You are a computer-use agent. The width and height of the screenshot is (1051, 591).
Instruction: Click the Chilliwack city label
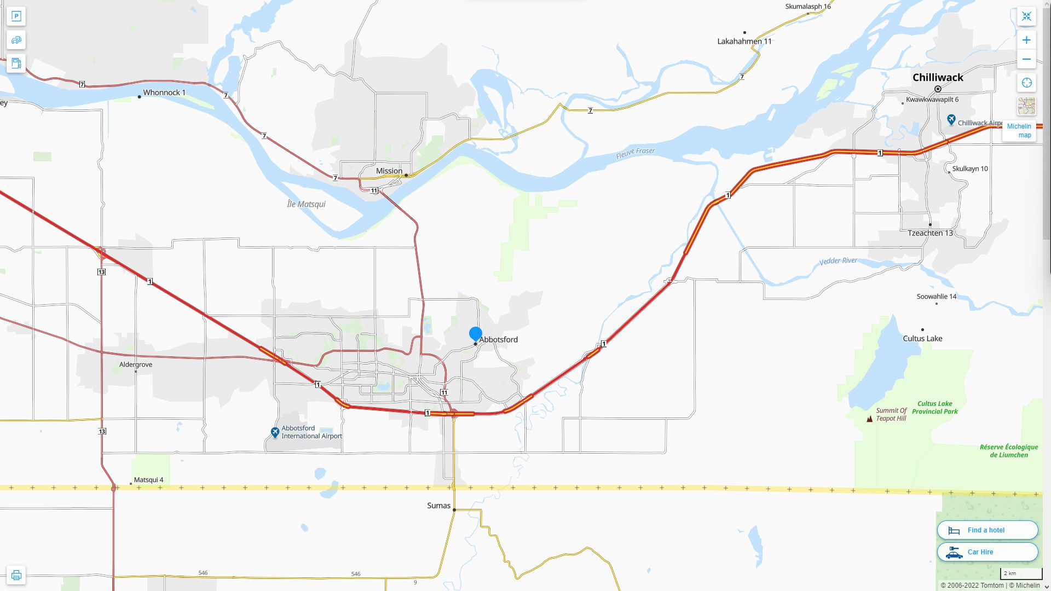click(x=937, y=78)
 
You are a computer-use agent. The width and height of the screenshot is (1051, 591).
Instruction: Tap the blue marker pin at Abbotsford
click(x=475, y=333)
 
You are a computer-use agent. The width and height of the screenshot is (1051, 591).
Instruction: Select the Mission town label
click(x=389, y=171)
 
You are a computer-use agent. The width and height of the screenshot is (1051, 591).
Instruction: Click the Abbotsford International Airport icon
click(x=275, y=432)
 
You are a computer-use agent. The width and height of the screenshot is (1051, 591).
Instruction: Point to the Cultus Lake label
click(x=922, y=338)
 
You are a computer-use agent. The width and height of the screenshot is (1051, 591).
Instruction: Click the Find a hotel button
click(x=987, y=530)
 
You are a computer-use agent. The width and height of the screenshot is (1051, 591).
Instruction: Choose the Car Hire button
click(x=987, y=552)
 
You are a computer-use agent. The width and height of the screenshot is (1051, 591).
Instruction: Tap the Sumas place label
click(x=438, y=506)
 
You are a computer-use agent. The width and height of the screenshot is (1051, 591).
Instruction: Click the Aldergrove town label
click(x=136, y=364)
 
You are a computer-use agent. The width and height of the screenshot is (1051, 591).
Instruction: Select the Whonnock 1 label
click(x=164, y=92)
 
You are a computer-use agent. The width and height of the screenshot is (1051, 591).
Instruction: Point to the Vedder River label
click(x=838, y=261)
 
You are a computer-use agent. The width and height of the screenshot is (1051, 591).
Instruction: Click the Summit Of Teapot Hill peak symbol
click(x=869, y=419)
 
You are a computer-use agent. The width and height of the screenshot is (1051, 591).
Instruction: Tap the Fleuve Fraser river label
click(x=635, y=153)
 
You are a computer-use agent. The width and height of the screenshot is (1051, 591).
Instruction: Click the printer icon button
click(x=16, y=575)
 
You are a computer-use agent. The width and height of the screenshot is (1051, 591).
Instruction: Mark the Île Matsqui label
click(x=306, y=204)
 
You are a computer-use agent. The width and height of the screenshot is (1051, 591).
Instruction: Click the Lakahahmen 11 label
click(x=744, y=41)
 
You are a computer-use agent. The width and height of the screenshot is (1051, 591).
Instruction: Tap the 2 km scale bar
click(x=1020, y=573)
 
